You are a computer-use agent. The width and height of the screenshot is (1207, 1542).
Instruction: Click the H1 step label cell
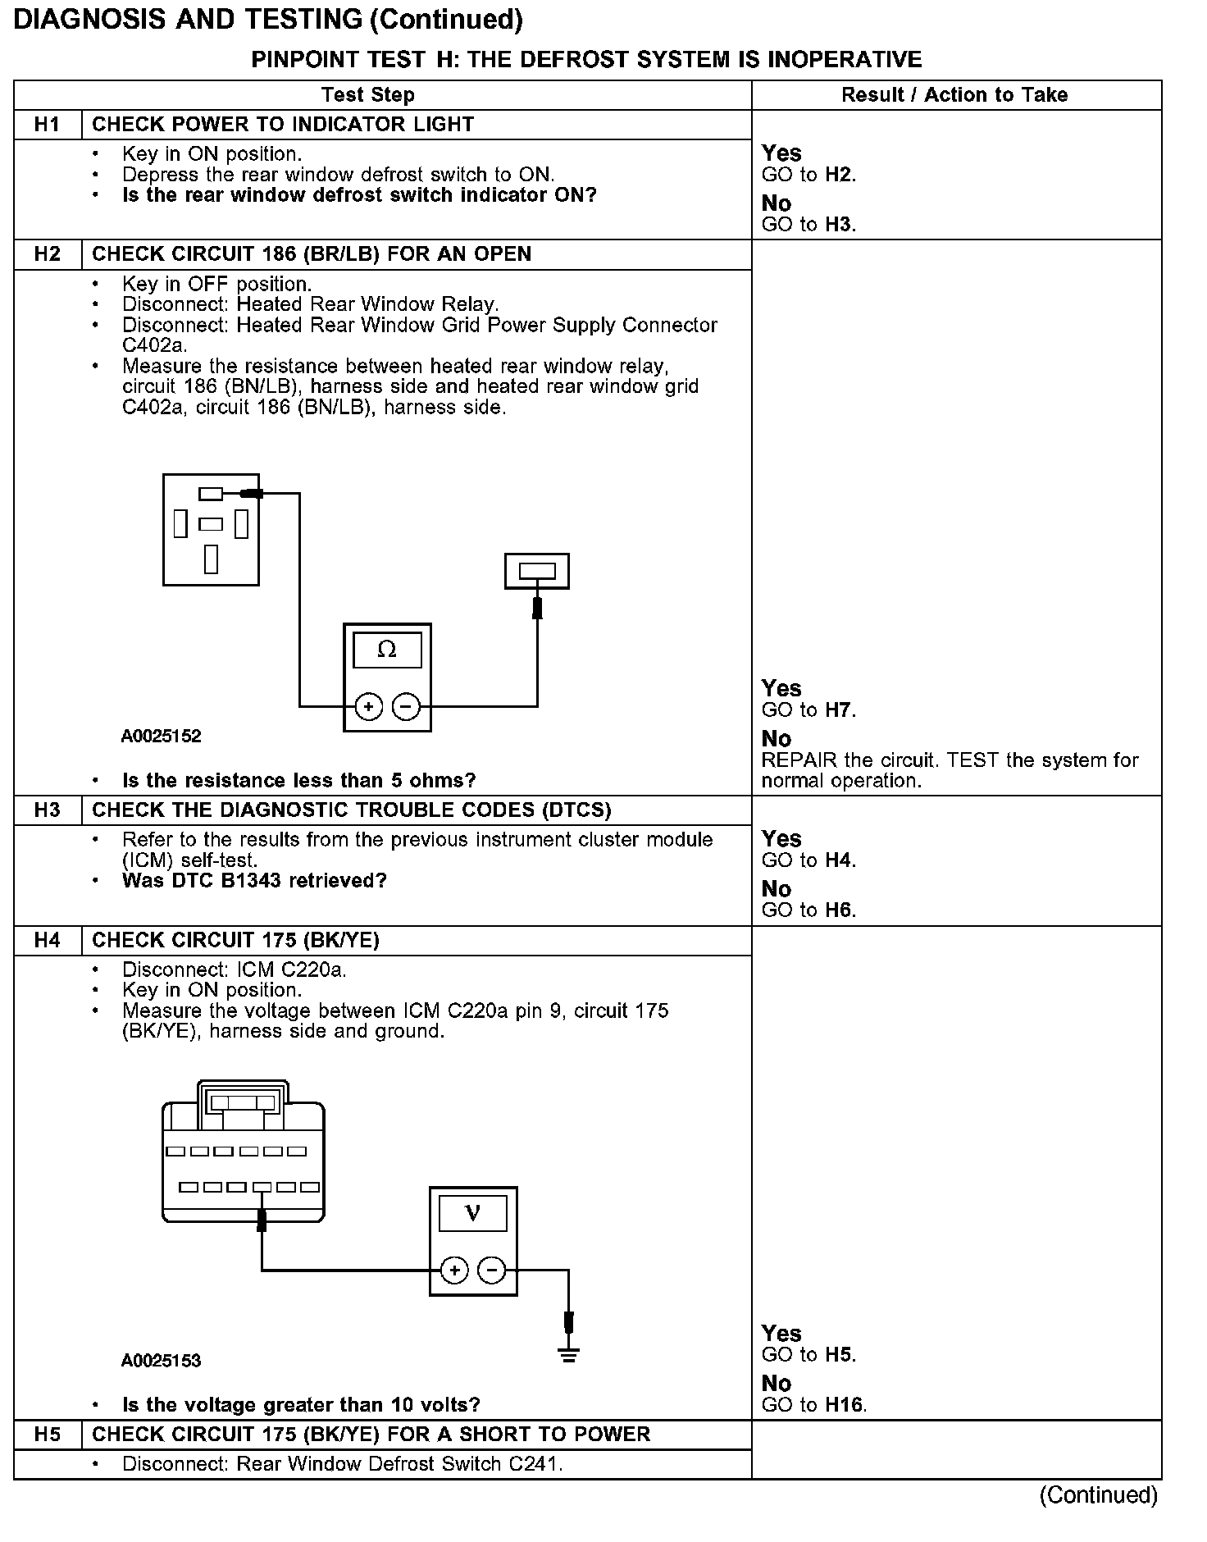(x=48, y=125)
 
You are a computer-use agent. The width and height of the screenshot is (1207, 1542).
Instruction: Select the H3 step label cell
(x=48, y=810)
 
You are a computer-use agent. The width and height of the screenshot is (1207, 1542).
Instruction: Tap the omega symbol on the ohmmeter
(x=387, y=650)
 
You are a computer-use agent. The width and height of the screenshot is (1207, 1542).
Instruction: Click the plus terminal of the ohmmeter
(x=369, y=706)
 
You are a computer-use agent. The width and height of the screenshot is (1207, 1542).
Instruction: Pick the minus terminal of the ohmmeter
(x=406, y=706)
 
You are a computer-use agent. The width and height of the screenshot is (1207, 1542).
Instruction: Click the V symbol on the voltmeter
(x=473, y=1213)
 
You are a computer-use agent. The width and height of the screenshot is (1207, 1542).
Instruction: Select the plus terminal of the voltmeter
(x=454, y=1271)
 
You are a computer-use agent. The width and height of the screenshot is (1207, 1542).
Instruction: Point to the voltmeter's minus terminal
(x=492, y=1271)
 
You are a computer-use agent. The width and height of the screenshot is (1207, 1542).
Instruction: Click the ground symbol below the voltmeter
(x=569, y=1354)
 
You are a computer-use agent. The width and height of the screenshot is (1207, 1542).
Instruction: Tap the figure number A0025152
(x=161, y=736)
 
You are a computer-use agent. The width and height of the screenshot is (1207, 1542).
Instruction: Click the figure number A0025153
(x=161, y=1361)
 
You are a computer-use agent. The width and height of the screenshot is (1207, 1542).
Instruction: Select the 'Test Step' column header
(x=367, y=95)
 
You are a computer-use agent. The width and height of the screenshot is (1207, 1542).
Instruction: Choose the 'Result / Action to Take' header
(x=954, y=95)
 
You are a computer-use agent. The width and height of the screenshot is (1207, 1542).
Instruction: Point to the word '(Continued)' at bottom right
(x=1098, y=1495)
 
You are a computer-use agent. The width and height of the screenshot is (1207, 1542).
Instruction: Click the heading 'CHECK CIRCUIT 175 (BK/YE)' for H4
(x=235, y=940)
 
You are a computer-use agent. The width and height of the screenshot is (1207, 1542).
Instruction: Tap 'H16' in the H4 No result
(x=845, y=1405)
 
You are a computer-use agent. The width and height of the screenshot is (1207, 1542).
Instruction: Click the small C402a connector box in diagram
(x=537, y=571)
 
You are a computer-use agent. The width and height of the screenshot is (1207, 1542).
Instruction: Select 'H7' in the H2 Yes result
(x=838, y=710)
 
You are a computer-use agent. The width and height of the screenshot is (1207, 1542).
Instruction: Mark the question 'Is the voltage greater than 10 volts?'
(x=301, y=1405)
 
